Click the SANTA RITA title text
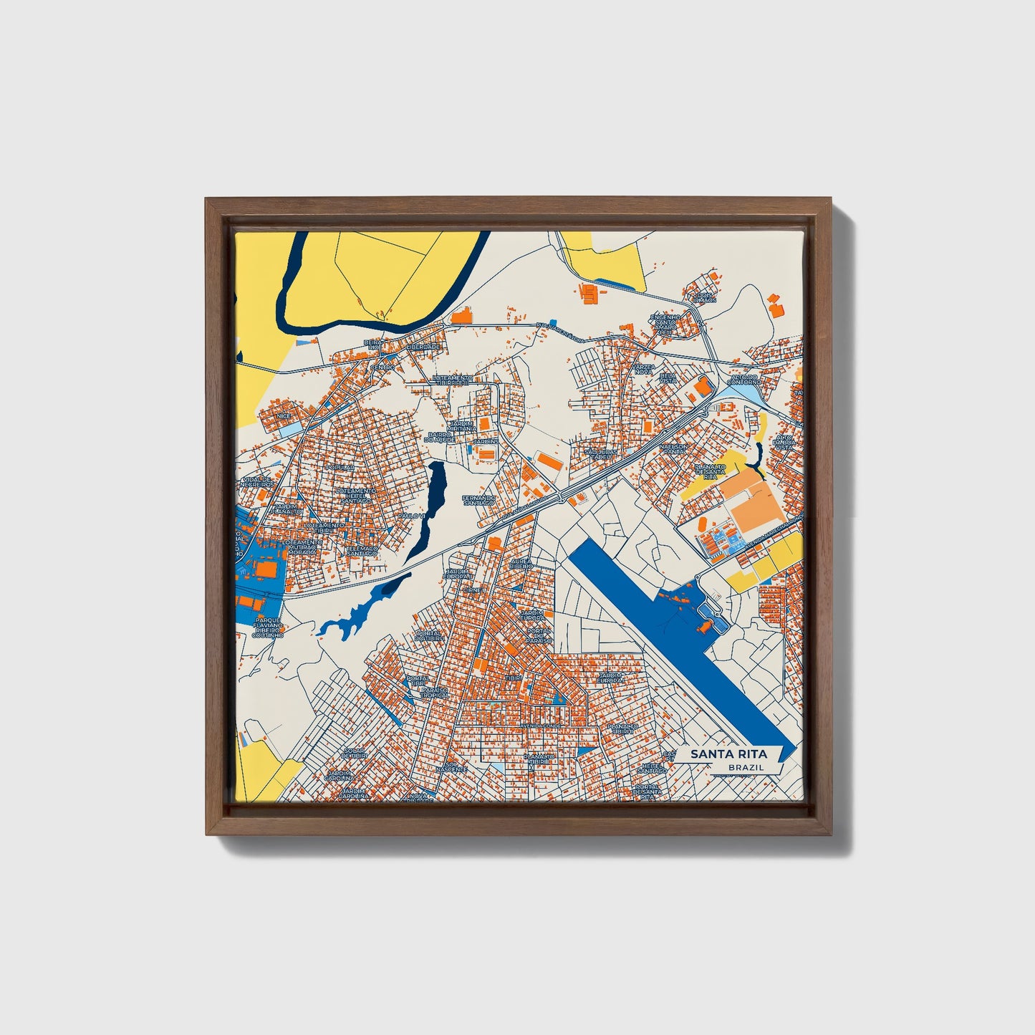(728, 754)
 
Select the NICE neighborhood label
(285, 415)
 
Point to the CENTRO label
(382, 367)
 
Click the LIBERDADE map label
(423, 347)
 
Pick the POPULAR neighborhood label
(340, 467)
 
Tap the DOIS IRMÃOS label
(705, 297)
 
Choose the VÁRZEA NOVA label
(642, 369)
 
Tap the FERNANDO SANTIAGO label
(478, 500)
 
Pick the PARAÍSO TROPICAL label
(435, 692)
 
